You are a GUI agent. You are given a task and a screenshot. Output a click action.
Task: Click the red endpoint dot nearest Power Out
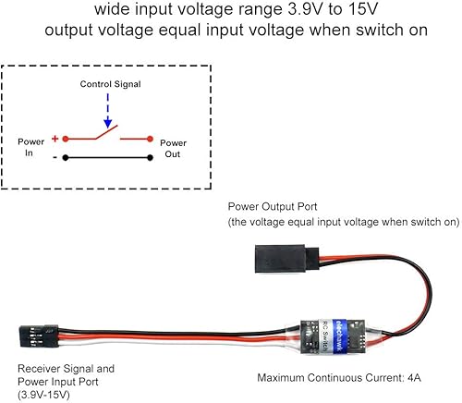tap(149, 140)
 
